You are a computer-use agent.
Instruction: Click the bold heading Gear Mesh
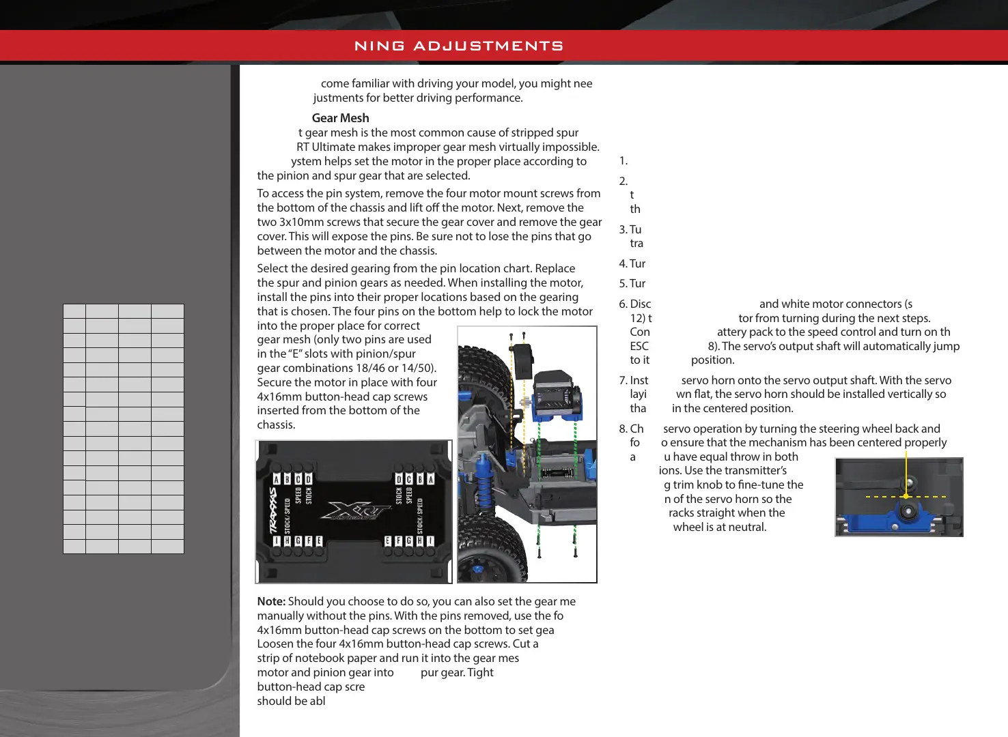coord(340,118)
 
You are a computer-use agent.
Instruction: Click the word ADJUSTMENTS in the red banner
coord(488,46)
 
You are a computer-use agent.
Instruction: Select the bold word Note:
coord(271,601)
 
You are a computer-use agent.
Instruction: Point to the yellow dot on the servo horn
coord(906,496)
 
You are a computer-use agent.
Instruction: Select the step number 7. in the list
coord(624,380)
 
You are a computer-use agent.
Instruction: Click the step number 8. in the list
coord(624,429)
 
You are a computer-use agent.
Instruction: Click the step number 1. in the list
coord(623,161)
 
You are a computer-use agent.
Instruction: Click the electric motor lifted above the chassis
coord(556,396)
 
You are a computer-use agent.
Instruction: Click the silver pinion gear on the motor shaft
coord(527,402)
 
